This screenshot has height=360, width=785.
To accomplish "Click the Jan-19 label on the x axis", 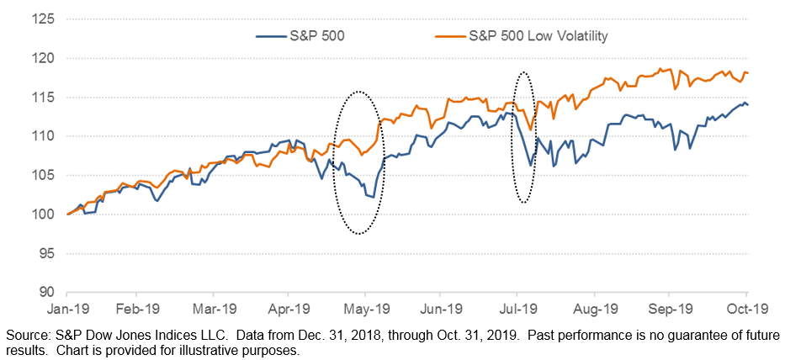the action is click(x=66, y=309).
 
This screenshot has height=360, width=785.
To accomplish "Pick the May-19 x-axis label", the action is click(x=365, y=309).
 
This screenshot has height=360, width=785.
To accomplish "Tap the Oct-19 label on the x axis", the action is click(x=746, y=309).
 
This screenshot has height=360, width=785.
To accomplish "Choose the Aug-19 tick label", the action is click(x=594, y=309).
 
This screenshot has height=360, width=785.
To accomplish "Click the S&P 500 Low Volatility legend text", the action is click(x=538, y=36).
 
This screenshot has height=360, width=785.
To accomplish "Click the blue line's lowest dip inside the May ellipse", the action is click(x=374, y=198).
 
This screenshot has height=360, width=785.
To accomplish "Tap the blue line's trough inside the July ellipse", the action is click(x=530, y=165).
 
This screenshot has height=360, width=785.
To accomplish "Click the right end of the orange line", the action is click(x=747, y=73).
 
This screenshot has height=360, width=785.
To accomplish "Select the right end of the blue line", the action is click(x=747, y=104).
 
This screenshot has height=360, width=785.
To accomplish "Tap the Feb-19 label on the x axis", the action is click(x=138, y=309).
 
